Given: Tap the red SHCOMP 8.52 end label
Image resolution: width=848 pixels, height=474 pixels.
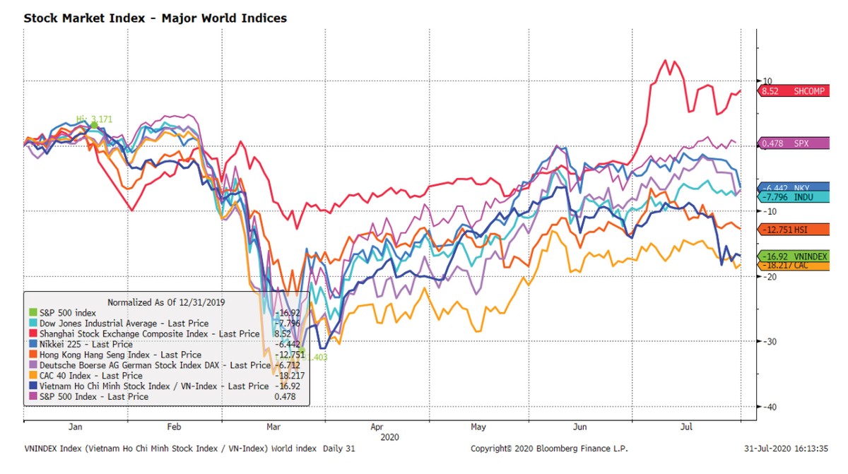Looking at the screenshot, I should click(x=785, y=90).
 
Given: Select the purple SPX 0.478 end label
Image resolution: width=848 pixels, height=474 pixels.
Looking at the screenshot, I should click(x=785, y=143).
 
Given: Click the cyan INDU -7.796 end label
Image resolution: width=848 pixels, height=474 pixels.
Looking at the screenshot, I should click(x=785, y=196).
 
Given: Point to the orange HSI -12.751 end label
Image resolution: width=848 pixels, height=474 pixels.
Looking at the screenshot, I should click(x=785, y=229).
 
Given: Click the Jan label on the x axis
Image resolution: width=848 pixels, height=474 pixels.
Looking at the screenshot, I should click(x=76, y=427).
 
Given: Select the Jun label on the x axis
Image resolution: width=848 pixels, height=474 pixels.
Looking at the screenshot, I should click(x=580, y=427).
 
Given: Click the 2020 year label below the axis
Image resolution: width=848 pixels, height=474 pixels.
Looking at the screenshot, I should click(x=389, y=437).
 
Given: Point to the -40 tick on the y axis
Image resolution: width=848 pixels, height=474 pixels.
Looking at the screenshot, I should click(x=771, y=407).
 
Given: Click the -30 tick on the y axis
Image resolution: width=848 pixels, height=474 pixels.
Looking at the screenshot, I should click(x=771, y=342).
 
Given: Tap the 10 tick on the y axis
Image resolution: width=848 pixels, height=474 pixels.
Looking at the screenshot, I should click(x=767, y=81).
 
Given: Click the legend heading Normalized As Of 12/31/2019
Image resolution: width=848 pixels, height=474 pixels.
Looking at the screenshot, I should click(x=167, y=302).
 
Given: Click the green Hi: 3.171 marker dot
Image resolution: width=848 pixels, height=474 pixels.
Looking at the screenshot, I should click(x=94, y=125).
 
